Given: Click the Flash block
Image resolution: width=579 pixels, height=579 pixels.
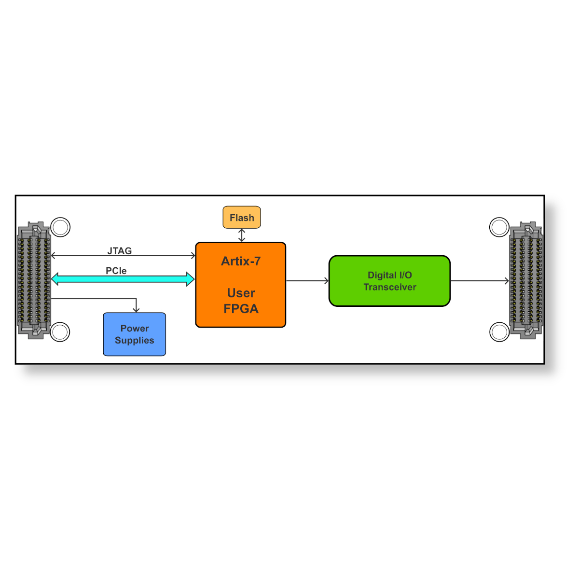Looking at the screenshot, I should pos(242,218).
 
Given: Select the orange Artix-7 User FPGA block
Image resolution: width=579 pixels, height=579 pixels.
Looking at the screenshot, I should pos(240,285).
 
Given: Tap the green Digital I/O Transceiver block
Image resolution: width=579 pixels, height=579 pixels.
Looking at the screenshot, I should pos(389,281).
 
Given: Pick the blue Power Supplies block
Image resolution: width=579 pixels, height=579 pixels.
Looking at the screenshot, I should pos(134,334).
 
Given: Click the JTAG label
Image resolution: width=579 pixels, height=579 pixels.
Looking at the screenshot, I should pos(119,251).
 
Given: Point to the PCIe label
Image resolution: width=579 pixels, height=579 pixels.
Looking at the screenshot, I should pos(116,271).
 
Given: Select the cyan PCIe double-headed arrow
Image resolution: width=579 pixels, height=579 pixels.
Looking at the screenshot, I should pos(123,279).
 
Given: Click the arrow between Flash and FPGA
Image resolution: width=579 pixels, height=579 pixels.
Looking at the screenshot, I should pos(242,235).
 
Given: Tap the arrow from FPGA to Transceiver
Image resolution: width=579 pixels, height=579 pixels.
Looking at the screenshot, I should pos(307,281).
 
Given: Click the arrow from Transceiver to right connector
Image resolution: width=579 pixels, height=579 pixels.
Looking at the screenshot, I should pos(480,281).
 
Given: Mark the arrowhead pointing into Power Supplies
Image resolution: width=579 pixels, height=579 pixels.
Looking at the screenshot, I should pos(136,309).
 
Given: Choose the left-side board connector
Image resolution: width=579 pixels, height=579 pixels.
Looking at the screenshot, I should pos(33,280).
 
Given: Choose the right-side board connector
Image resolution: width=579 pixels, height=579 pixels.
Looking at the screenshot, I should pos(526,280).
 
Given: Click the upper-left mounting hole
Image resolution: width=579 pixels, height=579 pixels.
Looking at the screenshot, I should pos(60,227).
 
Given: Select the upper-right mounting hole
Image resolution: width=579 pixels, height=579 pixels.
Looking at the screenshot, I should pos(499,227).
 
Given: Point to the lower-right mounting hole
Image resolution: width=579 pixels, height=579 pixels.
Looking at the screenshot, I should pos(499,331).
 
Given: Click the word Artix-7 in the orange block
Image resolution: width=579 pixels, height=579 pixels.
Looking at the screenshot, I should pos(241,262).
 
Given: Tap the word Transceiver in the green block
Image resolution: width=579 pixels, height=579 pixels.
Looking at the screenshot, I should pos(390,287).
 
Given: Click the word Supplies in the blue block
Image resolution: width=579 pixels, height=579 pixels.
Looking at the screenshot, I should pos(135,341).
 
